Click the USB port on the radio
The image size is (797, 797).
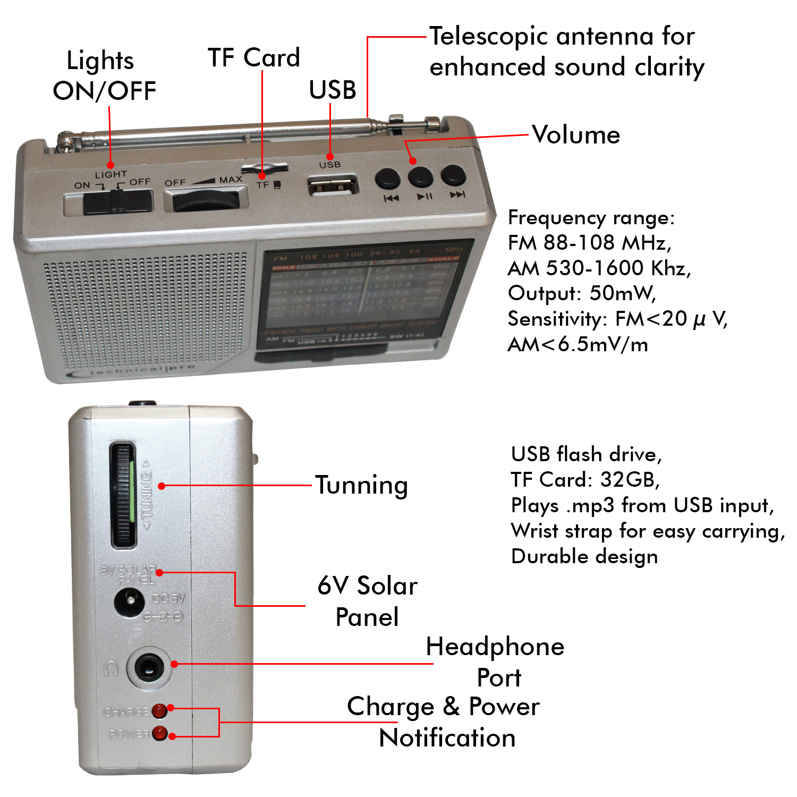coord(333,186)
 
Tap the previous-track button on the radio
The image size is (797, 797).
coord(387,179)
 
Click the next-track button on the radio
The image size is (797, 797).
coord(453,175)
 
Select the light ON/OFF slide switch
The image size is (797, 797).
coord(108,201)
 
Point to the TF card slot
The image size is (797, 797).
coord(265,169)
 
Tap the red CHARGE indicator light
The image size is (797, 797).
coord(159,710)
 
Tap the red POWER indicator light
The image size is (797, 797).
coord(159,733)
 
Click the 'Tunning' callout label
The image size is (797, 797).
coord(362,485)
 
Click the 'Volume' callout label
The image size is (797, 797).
coord(576,135)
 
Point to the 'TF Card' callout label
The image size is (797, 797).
coord(254,57)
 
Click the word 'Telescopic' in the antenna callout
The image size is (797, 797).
coord(488,37)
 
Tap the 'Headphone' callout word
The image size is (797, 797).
coord(495,647)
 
